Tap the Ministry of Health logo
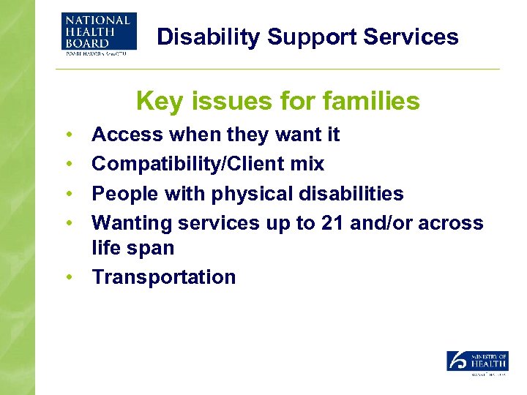[477, 363]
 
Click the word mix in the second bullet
[308, 164]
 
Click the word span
[153, 248]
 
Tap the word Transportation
[164, 277]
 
